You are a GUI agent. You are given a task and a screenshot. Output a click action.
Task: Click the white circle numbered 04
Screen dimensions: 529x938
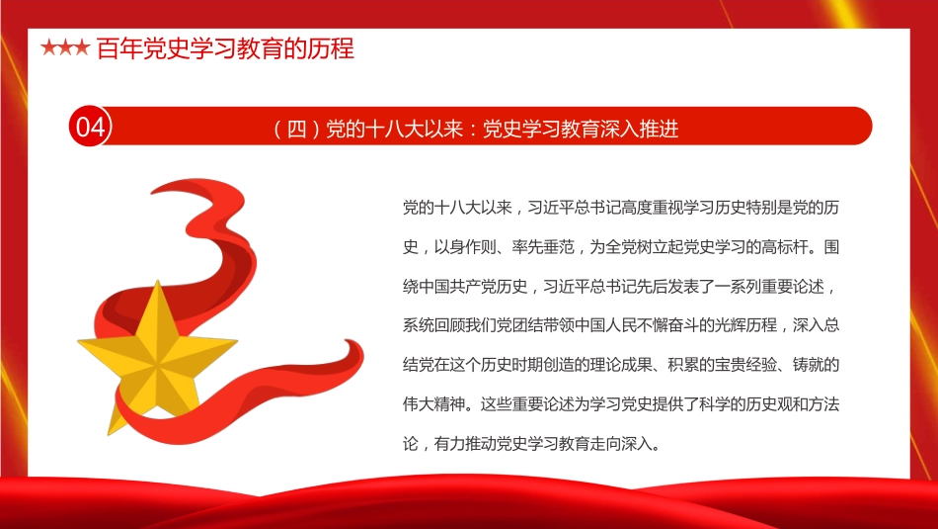[90, 127]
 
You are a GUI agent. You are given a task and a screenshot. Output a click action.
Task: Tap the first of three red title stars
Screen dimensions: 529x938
[47, 48]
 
